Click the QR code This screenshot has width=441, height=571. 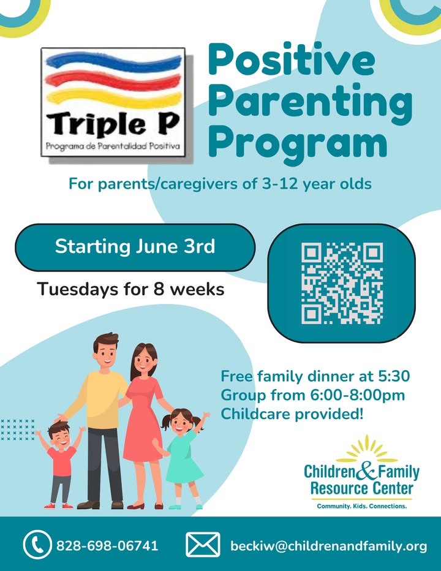[342, 283]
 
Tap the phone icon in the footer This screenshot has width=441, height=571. [37, 545]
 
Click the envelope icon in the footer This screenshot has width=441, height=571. [203, 545]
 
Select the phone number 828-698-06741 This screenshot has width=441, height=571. [107, 545]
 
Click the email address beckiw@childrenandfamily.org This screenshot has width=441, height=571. [328, 546]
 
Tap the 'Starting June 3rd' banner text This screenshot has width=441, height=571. [135, 246]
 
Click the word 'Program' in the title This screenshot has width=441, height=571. [298, 143]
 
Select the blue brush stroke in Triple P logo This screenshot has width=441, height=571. [113, 62]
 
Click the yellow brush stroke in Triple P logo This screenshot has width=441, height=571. [114, 97]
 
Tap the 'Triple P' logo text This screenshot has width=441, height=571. [113, 124]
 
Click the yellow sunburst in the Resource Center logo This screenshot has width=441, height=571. [366, 449]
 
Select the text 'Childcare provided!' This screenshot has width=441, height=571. [292, 414]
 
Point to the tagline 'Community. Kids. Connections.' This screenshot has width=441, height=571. [361, 506]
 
